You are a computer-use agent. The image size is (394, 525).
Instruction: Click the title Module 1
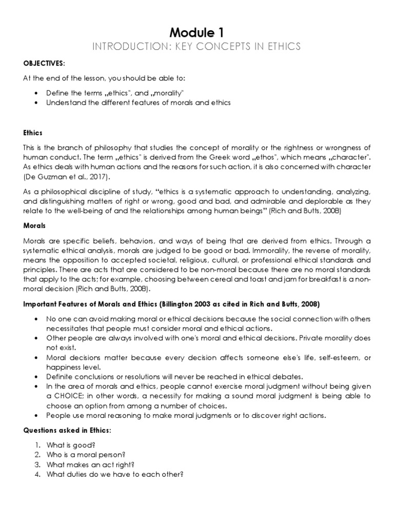197,32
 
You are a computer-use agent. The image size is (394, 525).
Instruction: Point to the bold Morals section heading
35,225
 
